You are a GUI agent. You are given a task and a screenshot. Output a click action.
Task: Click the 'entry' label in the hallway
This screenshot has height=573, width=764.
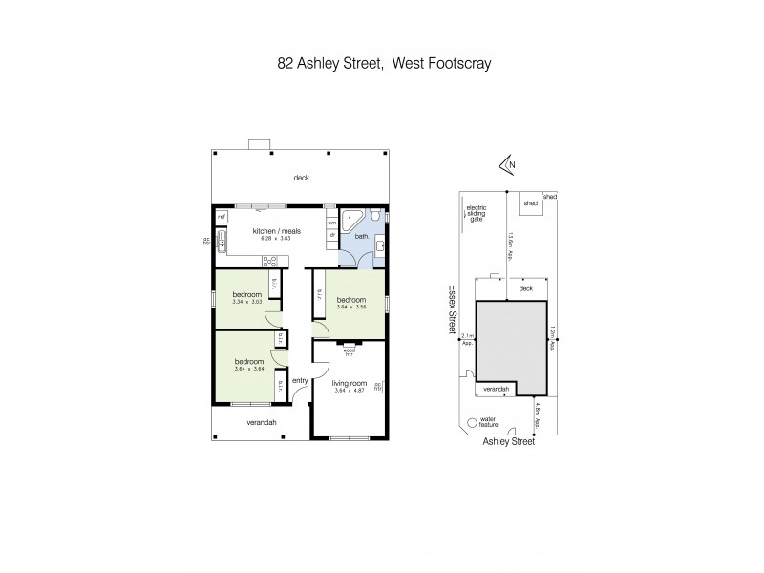pos(299,381)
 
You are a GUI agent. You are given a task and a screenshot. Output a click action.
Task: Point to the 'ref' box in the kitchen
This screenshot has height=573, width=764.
pos(221,218)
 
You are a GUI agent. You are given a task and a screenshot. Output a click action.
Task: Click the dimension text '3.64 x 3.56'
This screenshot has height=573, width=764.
pos(351,308)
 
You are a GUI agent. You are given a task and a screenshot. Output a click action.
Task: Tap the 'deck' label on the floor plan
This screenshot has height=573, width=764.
pos(301,178)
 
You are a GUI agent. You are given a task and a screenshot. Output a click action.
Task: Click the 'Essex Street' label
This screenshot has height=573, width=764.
pos(453,312)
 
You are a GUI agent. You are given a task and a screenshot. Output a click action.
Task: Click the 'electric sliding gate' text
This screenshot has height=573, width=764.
pos(476,213)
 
